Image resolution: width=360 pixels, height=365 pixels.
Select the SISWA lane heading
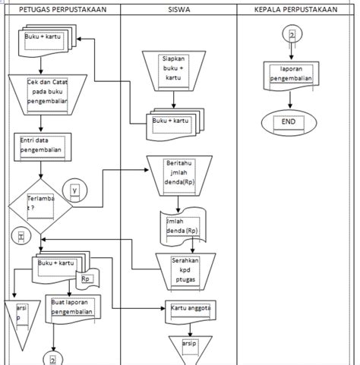click(178, 9)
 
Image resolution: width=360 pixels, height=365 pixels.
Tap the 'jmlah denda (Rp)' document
click(181, 225)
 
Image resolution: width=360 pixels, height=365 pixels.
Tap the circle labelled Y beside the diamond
click(74, 190)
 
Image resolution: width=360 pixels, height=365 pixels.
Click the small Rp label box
click(87, 278)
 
